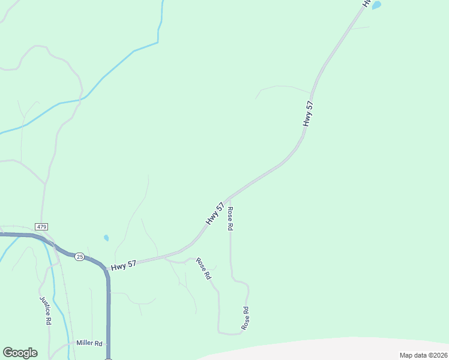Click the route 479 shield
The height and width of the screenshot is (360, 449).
tap(41, 226)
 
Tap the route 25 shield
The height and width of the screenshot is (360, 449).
tap(79, 257)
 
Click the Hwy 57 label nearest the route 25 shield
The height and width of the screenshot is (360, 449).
tap(123, 265)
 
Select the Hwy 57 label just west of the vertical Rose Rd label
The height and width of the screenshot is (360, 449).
tap(215, 214)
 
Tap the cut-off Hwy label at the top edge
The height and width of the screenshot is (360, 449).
tap(365, 3)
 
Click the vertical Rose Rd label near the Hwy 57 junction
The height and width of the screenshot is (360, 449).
tap(230, 219)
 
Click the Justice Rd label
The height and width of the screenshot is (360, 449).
tap(45, 310)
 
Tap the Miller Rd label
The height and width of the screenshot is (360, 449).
tap(89, 343)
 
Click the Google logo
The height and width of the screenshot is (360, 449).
tap(20, 353)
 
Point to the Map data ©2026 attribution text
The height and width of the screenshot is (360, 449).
tap(423, 355)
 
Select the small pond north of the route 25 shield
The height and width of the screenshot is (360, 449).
tap(106, 238)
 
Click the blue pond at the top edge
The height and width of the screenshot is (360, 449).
tap(376, 5)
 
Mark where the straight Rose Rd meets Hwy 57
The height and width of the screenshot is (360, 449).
tap(229, 198)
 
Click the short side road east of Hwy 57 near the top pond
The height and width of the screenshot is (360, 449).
tap(360, 28)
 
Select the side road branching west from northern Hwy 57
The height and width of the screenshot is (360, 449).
tap(282, 88)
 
